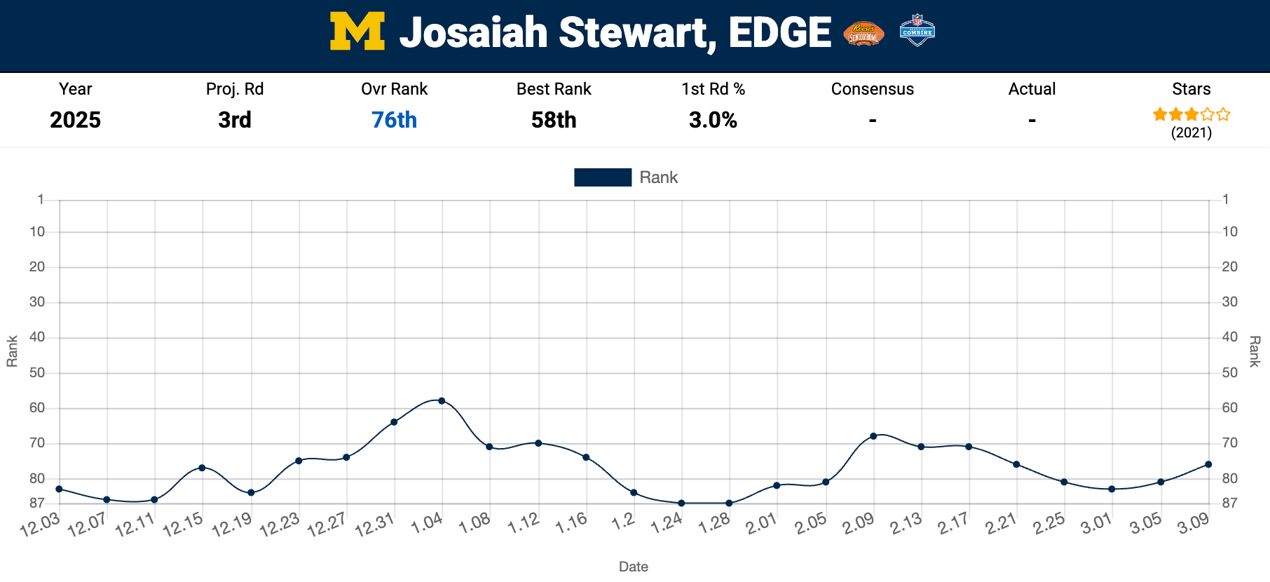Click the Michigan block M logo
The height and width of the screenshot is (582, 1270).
(x=357, y=32)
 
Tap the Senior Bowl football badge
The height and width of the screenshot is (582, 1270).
(x=863, y=33)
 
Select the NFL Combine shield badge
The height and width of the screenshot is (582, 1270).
(x=917, y=31)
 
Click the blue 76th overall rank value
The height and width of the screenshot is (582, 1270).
(x=394, y=120)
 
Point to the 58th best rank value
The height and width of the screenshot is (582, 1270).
(x=554, y=120)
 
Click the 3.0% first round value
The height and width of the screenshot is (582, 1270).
(x=713, y=120)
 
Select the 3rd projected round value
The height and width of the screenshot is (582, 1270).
(x=235, y=120)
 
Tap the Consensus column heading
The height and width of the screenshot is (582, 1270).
(x=872, y=89)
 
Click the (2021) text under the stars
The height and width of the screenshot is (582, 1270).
(x=1191, y=133)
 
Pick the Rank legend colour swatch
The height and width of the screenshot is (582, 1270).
(x=602, y=177)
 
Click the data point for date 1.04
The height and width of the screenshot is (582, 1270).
(x=442, y=401)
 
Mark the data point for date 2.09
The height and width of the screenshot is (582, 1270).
(x=873, y=436)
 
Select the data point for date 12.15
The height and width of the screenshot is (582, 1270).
(x=202, y=468)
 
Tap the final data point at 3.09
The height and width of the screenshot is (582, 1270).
(x=1208, y=464)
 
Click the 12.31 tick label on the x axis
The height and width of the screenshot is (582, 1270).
(x=375, y=525)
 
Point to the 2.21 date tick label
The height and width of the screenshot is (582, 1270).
(x=1001, y=524)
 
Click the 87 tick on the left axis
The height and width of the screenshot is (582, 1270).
(x=37, y=503)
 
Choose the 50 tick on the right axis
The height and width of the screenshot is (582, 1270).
(x=1230, y=372)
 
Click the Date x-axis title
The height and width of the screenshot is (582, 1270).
(x=633, y=567)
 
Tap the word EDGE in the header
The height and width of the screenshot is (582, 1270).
(x=779, y=33)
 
